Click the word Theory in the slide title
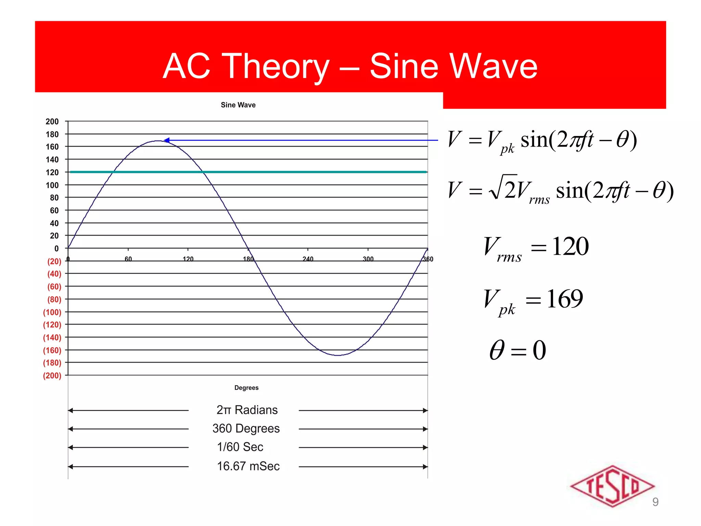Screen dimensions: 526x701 276,67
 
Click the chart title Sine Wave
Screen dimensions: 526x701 238,105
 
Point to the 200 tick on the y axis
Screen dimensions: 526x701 52,122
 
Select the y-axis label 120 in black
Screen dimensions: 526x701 52,172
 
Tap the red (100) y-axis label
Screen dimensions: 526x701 52,312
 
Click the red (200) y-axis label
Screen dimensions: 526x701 52,376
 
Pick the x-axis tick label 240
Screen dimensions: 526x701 308,259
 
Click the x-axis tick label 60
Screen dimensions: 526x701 128,259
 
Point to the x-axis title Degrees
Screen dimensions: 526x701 246,388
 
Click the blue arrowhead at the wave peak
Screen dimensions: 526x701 167,140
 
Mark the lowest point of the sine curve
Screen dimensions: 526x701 338,355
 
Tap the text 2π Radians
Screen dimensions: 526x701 247,410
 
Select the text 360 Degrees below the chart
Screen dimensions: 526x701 246,428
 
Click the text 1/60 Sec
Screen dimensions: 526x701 240,447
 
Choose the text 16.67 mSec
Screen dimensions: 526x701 248,466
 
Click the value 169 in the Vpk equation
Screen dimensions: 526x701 565,299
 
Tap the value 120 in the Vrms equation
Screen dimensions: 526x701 570,246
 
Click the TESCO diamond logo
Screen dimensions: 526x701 612,486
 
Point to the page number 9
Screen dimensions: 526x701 655,502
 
